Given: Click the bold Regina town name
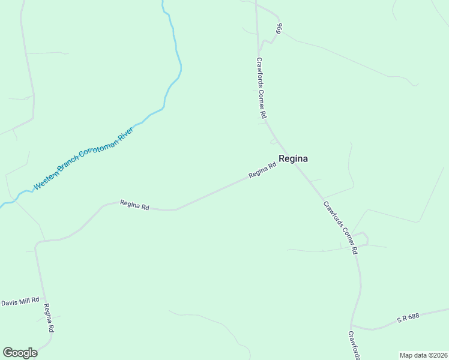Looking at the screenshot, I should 293,159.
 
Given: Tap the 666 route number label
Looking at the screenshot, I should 279,29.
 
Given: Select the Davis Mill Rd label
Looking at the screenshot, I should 20,300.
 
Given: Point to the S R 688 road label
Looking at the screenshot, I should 408,319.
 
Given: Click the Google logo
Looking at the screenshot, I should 20,353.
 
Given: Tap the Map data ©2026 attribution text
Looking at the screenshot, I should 423,355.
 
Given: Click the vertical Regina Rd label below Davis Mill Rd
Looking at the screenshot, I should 49,318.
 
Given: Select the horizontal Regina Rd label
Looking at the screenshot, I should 134,205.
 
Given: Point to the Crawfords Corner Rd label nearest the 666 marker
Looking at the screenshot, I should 261,87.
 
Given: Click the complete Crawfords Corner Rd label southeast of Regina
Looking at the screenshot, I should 340,227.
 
